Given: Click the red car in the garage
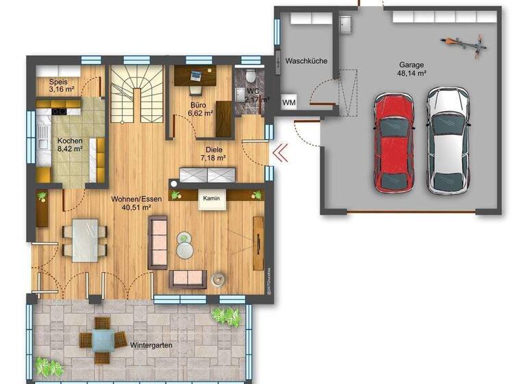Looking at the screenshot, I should click(394, 143).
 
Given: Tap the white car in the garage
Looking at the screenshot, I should click(447, 141).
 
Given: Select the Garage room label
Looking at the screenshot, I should click(412, 66).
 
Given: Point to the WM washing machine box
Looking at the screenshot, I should click(289, 103).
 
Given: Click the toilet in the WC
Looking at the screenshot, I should click(253, 74).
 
